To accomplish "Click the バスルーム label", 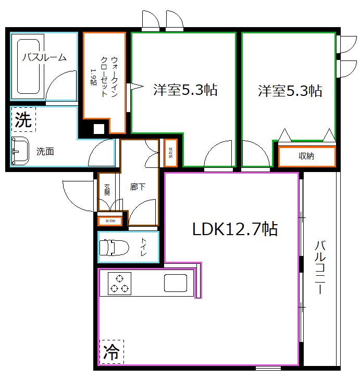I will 44,57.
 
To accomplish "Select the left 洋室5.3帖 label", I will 185,90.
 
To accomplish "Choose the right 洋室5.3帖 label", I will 290,91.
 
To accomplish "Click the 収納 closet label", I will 306,156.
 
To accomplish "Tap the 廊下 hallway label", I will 138,187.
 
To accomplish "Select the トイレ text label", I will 143,248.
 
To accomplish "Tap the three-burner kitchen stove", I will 119,284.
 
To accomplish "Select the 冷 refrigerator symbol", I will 111,350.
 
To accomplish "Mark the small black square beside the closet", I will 98,130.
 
